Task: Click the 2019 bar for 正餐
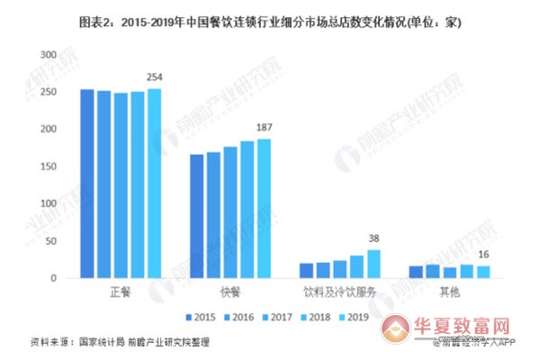[155, 184]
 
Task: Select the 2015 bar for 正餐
[87, 184]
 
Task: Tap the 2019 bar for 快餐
[264, 209]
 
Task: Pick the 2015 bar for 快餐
[196, 216]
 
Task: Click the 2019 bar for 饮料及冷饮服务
[373, 264]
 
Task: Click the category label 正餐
[121, 292]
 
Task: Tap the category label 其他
[448, 292]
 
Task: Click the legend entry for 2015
[202, 317]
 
